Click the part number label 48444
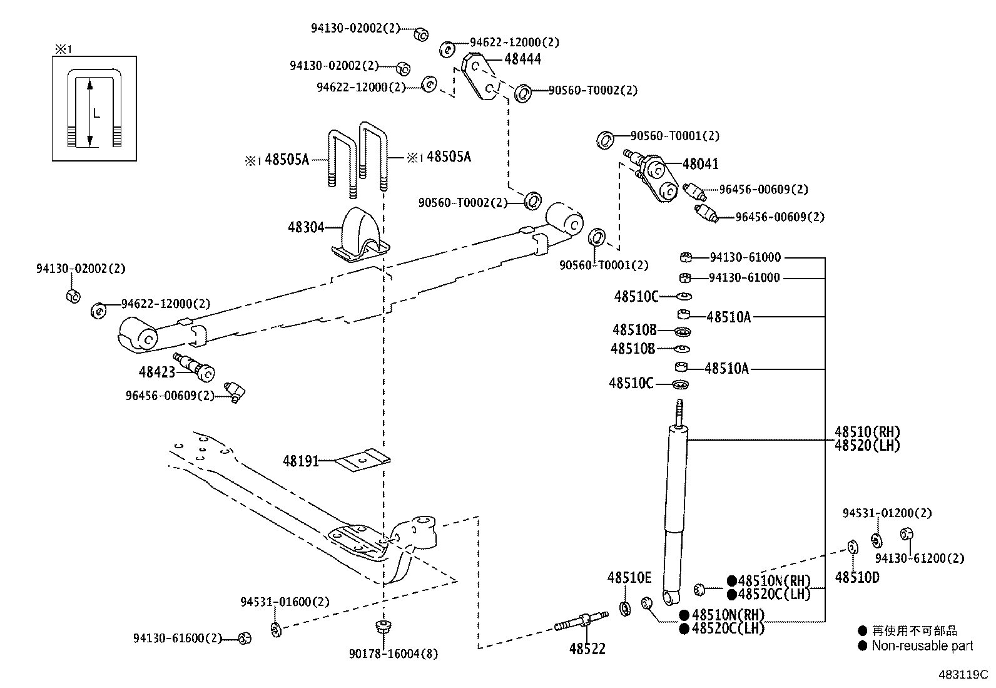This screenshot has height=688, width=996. pyautogui.click(x=522, y=59)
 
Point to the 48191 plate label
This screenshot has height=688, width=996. pyautogui.click(x=300, y=461)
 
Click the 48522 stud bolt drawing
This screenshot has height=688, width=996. pyautogui.click(x=581, y=622)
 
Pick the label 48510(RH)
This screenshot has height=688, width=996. pyautogui.click(x=866, y=432)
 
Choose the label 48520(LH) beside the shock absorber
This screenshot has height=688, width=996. pyautogui.click(x=866, y=446)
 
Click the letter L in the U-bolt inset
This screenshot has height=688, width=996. pyautogui.click(x=96, y=113)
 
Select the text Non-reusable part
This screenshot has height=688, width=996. pyautogui.click(x=922, y=645)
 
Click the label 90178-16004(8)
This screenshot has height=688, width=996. pyautogui.click(x=393, y=654)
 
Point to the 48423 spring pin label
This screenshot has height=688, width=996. pyautogui.click(x=156, y=372)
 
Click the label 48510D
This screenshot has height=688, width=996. pyautogui.click(x=856, y=577)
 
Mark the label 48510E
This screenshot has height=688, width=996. pyautogui.click(x=629, y=577)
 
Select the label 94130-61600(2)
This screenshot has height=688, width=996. pyautogui.click(x=178, y=639)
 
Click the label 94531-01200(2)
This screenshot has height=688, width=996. pyautogui.click(x=887, y=513)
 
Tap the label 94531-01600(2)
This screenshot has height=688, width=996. pyautogui.click(x=285, y=602)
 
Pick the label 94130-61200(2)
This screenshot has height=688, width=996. pyautogui.click(x=919, y=558)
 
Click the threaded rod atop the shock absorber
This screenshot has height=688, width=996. pyautogui.click(x=680, y=411)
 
